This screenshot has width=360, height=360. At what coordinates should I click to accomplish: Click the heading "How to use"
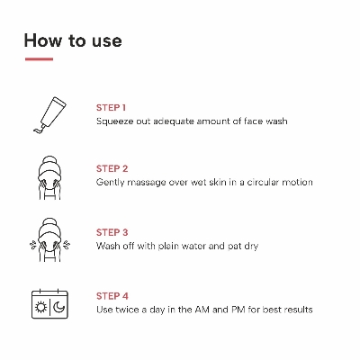coord(72,40)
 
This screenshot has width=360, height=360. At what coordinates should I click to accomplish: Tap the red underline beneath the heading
coord(39,60)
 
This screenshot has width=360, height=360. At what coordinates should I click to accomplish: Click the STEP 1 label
coord(112,107)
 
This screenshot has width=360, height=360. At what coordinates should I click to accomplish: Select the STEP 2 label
coord(112,168)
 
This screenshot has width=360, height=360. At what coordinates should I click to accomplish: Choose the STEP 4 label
coord(112,294)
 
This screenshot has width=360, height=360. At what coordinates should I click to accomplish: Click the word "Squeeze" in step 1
coord(115,121)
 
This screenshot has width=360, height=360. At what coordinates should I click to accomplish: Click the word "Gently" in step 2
coord(112,183)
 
